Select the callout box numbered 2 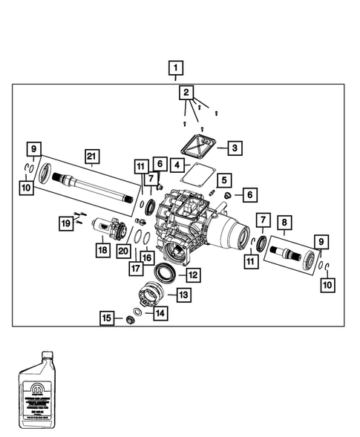186,93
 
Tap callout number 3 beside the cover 233,148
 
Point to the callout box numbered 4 176,164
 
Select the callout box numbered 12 192,275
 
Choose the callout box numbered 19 66,222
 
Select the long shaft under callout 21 96,188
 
